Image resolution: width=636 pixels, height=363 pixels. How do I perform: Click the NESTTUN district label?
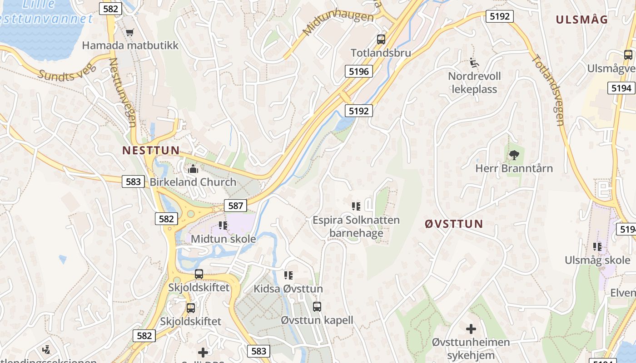coord(151,150)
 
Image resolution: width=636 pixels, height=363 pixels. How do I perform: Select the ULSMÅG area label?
coord(582,20)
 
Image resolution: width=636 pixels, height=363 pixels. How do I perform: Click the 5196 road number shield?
coord(359,71)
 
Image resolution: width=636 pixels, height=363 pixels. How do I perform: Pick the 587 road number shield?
coord(235,206)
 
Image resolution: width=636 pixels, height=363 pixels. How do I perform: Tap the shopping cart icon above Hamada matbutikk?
coord(130,32)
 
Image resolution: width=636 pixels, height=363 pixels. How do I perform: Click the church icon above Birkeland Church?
coord(193,169)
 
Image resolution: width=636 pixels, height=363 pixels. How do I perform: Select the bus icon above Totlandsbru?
coord(381,39)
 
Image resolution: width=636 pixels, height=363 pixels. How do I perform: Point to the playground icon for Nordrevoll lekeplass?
coord(473,62)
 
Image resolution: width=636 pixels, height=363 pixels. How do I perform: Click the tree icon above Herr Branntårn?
coord(514,155)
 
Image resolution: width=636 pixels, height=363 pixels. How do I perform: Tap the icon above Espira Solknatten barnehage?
coord(356,207)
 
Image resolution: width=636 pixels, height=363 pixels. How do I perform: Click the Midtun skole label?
coord(223,239)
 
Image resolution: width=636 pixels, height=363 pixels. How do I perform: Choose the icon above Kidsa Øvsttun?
coord(288,275)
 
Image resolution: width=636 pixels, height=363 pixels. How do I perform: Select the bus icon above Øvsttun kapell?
coord(317,307)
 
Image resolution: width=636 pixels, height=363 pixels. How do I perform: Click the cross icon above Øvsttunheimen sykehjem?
coord(471,329)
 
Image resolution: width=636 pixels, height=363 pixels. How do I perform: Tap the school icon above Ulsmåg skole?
coord(597,247)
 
